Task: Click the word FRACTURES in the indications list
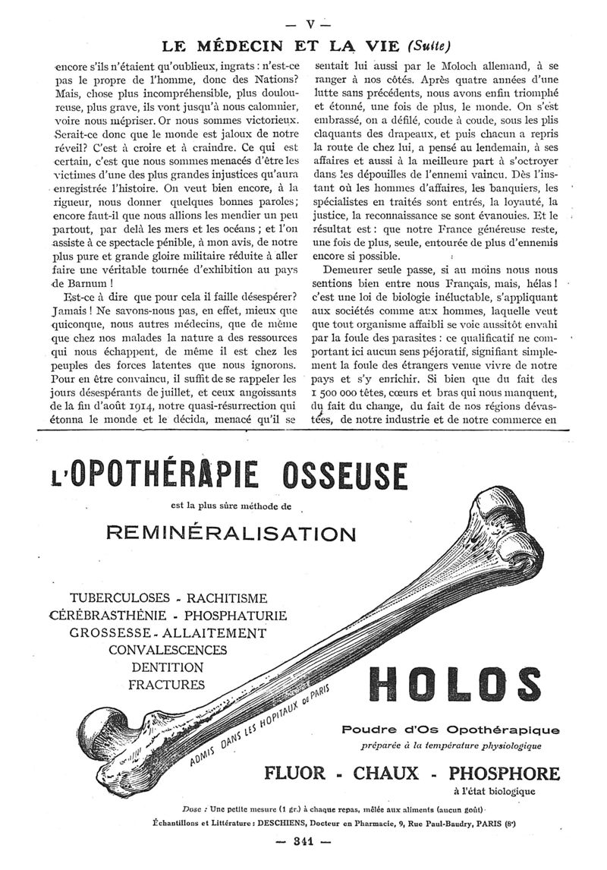[x=168, y=684]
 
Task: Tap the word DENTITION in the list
[x=168, y=667]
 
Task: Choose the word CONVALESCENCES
[x=168, y=650]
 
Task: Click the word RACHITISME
[x=221, y=598]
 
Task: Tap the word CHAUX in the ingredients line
[x=386, y=774]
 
